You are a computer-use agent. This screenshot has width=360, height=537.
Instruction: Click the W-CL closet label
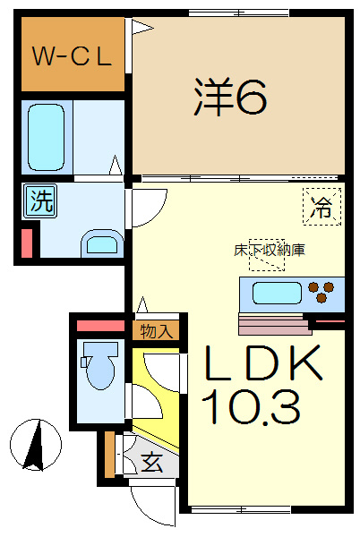(x=72, y=55)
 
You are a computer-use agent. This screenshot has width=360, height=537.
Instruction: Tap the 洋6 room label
(x=230, y=97)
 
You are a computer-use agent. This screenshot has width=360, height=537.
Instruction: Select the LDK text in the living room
(x=263, y=362)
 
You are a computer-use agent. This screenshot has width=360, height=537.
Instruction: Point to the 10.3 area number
(x=251, y=407)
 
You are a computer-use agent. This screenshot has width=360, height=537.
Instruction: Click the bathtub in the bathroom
(x=46, y=137)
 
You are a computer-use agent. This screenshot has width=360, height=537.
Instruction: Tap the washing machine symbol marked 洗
(x=41, y=201)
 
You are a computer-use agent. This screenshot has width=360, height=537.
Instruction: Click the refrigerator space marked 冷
(x=322, y=206)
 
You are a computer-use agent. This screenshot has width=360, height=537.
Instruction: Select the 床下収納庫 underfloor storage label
(x=270, y=251)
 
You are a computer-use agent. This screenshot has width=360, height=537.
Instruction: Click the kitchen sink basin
(x=277, y=294)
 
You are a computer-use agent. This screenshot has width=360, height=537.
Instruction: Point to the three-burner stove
(x=321, y=292)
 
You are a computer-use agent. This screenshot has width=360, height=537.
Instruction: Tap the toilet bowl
(x=99, y=367)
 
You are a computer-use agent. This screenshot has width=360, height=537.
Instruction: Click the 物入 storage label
(x=156, y=331)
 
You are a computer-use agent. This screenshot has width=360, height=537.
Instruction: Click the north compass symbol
(x=36, y=445)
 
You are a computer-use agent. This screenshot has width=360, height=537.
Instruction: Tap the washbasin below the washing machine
(x=102, y=243)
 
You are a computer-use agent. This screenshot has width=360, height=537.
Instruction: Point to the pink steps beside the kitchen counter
(x=275, y=324)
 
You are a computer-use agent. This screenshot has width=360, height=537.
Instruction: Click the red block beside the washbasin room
(x=27, y=243)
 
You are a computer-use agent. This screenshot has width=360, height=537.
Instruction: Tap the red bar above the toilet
(x=100, y=326)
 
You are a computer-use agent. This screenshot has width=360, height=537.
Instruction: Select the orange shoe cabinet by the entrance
(x=109, y=455)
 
